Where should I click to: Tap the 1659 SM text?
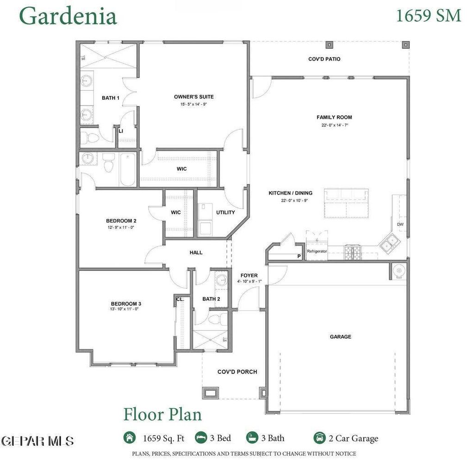429,15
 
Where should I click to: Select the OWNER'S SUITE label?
193,97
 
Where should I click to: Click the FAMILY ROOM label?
334,117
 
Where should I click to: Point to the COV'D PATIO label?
324,59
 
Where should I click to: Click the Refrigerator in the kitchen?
317,251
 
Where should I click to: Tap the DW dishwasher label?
400,224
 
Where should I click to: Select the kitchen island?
346,203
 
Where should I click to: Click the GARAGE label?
340,337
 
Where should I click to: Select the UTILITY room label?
225,213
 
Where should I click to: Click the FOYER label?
249,276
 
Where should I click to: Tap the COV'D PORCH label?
237,372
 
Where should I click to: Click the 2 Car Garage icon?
319,438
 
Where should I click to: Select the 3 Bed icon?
201,438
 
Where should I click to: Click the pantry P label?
299,256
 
